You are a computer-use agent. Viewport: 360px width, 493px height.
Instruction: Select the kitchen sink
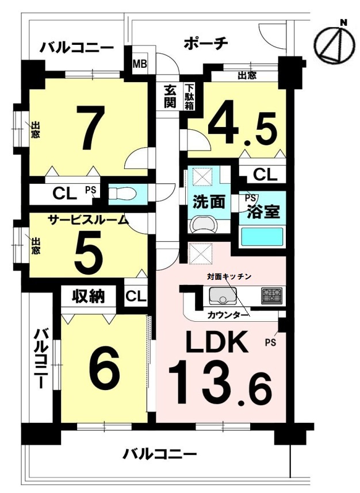coord(223,295)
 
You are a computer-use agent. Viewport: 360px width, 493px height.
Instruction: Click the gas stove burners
coord(271,295)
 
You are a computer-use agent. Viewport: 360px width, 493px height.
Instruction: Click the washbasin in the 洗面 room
coord(204,225)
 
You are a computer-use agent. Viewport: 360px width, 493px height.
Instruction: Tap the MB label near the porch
coord(140,64)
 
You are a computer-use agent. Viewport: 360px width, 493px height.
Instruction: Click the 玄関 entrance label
coord(170,97)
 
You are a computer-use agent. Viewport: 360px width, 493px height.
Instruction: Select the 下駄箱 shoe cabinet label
coord(189,97)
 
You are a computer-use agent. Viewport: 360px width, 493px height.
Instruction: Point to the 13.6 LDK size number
coord(220,384)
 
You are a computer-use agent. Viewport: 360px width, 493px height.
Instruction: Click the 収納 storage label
coord(89,296)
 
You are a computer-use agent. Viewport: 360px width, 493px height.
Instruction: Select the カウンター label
coord(228,315)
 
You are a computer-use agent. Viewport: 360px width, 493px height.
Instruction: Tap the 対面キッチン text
coord(229,276)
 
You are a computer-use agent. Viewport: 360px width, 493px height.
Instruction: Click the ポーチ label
coord(206,44)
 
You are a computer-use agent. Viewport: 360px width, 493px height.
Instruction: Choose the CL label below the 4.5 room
coord(265,175)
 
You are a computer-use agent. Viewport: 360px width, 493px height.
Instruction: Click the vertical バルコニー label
coord(41,359)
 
